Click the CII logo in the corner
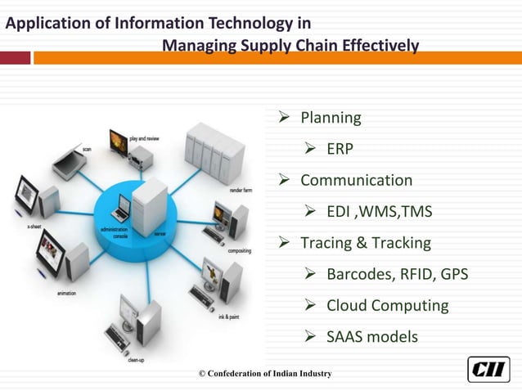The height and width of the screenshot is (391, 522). [x=488, y=369]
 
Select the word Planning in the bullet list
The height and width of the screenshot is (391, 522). [x=331, y=118]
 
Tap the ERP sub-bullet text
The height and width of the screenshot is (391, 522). [x=340, y=149]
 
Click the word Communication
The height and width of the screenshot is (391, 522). [x=356, y=180]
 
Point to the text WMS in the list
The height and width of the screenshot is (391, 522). [x=384, y=212]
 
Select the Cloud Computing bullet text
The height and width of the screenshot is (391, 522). [x=387, y=305]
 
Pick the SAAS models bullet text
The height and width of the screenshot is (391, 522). [x=371, y=336]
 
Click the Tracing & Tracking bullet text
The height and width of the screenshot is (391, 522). [x=365, y=243]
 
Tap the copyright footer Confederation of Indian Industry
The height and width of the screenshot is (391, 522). [x=265, y=374]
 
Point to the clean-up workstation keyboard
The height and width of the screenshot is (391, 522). [x=116, y=338]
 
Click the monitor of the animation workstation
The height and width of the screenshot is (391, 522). [x=52, y=251]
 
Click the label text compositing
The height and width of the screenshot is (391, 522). [x=239, y=250]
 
